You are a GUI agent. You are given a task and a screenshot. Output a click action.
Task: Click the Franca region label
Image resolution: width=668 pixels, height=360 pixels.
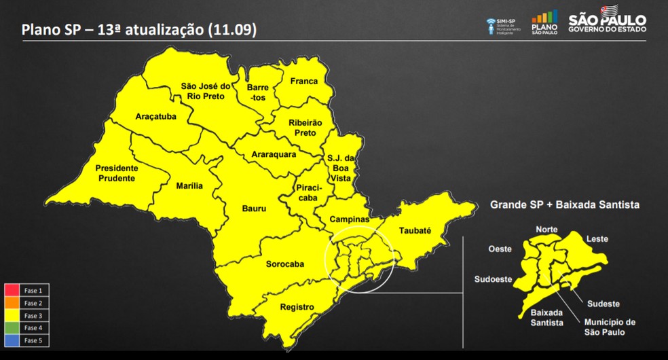click(304, 82)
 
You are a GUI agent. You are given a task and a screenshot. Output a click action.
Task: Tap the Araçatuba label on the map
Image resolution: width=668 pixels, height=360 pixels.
click(155, 116)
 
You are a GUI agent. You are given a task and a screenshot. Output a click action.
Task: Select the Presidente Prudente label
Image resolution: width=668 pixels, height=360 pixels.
click(115, 173)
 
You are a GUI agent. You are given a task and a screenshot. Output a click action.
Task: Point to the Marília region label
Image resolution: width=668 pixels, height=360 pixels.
click(189, 185)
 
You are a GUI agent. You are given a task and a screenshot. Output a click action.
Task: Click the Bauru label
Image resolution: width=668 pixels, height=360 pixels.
click(254, 209)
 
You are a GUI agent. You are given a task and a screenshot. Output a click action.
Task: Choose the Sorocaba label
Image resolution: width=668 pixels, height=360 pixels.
click(284, 264)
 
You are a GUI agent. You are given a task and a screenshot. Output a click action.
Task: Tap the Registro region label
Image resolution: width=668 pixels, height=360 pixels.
click(297, 307)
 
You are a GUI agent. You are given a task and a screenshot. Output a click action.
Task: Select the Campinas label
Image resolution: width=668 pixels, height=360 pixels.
click(350, 220)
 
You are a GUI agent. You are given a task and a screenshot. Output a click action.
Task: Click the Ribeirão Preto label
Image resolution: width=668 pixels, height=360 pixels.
click(305, 127)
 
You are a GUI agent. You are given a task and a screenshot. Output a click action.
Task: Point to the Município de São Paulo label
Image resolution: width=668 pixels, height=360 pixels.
click(609, 327)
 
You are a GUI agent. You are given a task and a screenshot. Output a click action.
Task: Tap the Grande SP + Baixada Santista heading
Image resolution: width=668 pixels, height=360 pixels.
click(565, 204)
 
